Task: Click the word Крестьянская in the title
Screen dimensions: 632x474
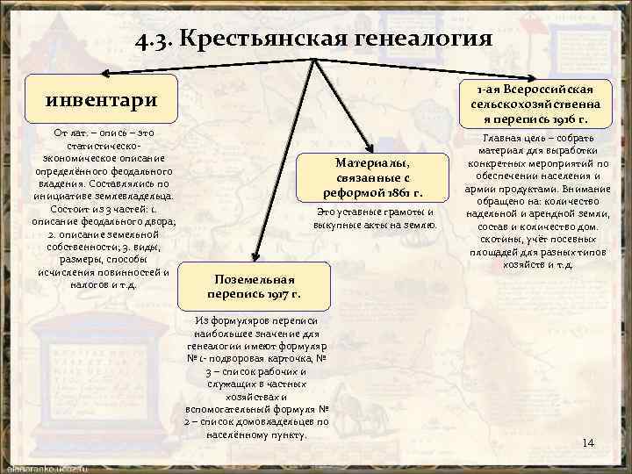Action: pos(263,39)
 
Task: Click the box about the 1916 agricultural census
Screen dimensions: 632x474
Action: pos(535,104)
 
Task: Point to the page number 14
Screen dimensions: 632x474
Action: pos(588,442)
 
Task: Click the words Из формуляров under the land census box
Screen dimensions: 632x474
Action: pos(231,322)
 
